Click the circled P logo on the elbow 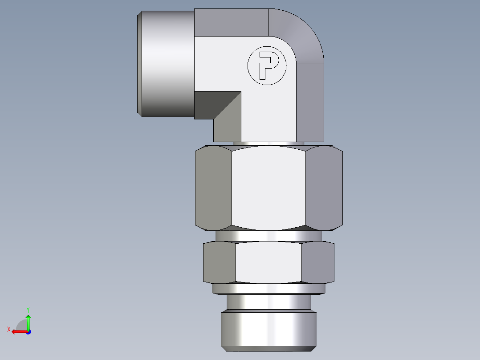[266, 65]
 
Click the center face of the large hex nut [268, 188]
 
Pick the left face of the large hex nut [213, 188]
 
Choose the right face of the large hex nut [324, 188]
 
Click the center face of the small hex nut [268, 262]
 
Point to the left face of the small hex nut [219, 262]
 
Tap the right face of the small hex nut [317, 262]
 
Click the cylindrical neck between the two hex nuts [268, 236]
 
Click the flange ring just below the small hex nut [268, 289]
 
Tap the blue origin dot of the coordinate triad [28, 331]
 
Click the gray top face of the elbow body [232, 22]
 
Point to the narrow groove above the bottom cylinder [268, 303]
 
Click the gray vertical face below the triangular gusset [227, 129]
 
